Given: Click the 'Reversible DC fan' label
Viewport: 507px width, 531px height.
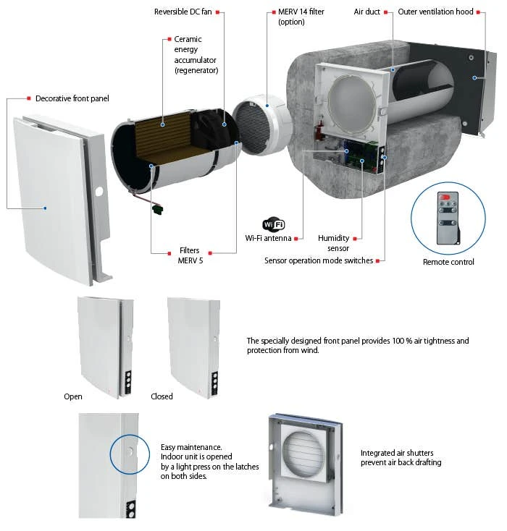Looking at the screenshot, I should pyautogui.click(x=184, y=12).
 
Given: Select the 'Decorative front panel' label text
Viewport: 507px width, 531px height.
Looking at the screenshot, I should pyautogui.click(x=72, y=98).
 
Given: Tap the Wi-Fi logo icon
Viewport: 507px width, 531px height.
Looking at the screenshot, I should pyautogui.click(x=274, y=224).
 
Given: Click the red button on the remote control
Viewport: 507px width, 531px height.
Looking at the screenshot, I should pyautogui.click(x=445, y=195).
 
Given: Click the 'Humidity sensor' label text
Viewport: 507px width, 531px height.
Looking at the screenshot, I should pyautogui.click(x=334, y=243).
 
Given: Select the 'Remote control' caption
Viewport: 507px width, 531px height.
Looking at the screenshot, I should pyautogui.click(x=448, y=262).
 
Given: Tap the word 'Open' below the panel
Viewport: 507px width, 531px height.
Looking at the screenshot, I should pyautogui.click(x=73, y=396).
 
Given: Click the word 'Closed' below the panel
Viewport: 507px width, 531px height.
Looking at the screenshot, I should pyautogui.click(x=162, y=396).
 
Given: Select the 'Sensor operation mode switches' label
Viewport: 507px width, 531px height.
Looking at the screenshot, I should pyautogui.click(x=319, y=260).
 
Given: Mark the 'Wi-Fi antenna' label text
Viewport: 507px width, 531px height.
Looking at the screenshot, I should pyautogui.click(x=268, y=238).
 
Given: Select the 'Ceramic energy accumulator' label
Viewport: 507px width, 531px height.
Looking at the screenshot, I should pyautogui.click(x=196, y=54).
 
